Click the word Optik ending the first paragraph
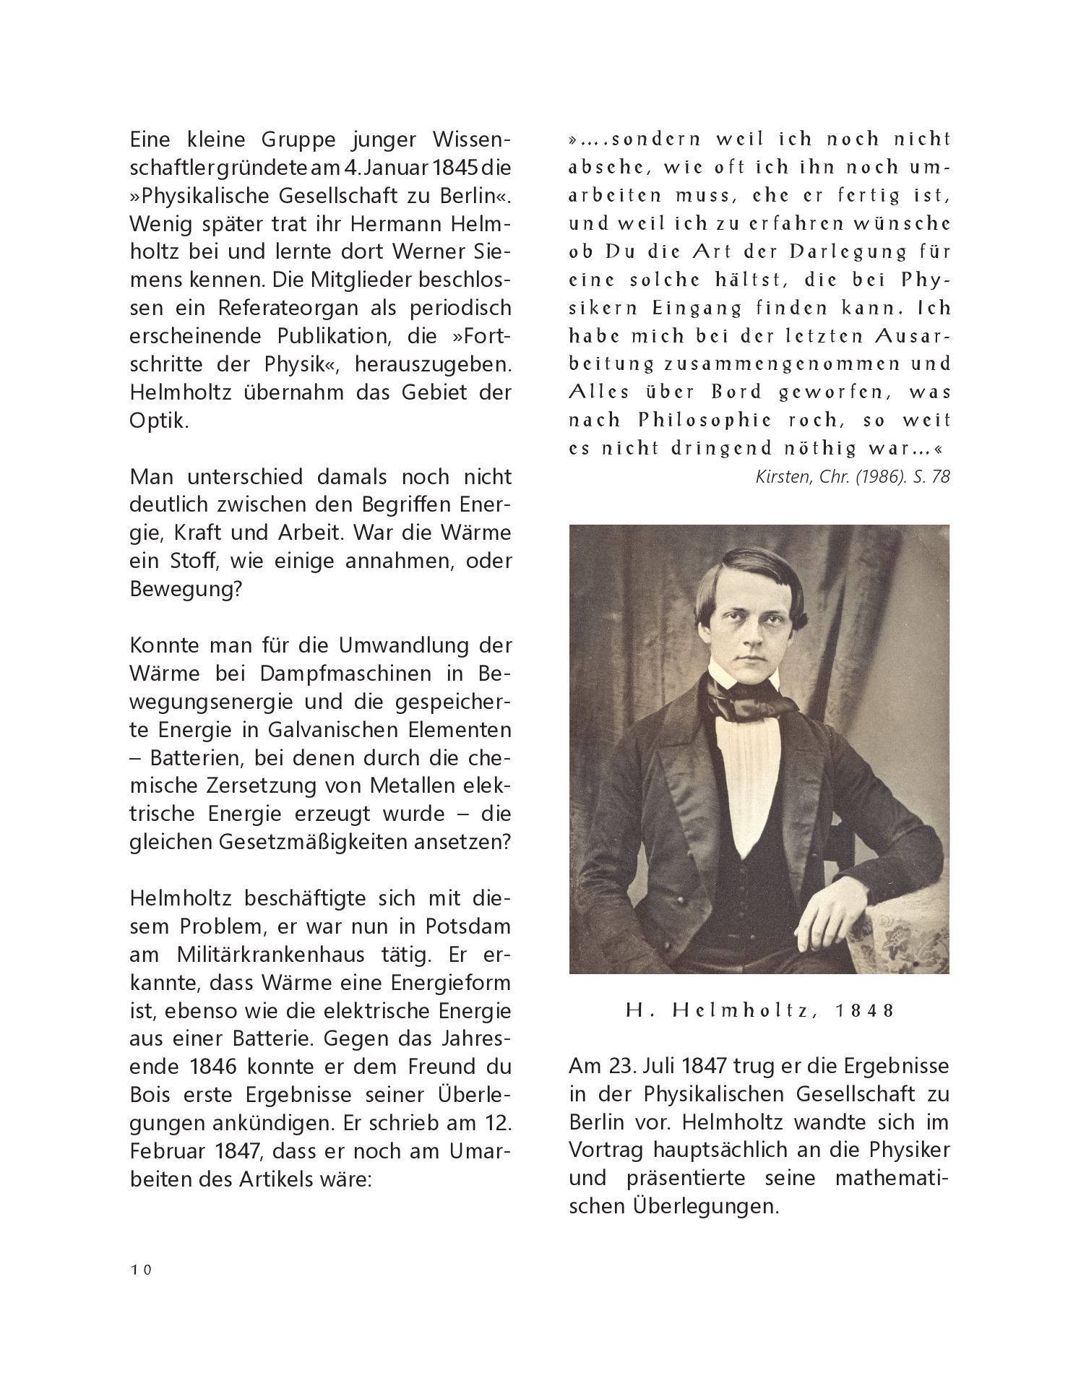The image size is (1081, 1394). click(x=158, y=421)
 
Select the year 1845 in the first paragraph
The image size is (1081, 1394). click(x=447, y=168)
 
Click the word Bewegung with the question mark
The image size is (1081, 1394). click(x=184, y=589)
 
